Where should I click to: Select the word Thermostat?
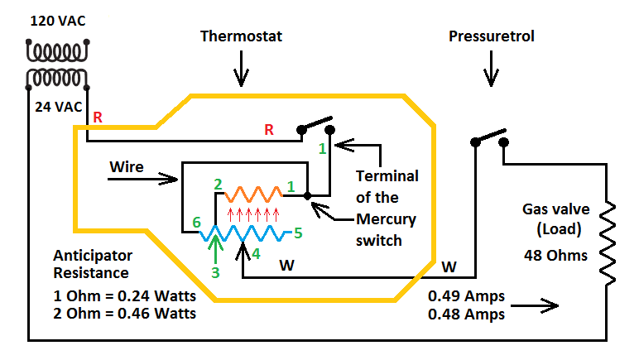pyautogui.click(x=240, y=37)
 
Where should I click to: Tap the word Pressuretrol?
pyautogui.click(x=491, y=37)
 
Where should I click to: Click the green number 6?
pyautogui.click(x=196, y=223)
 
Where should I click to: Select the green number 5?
pyautogui.click(x=299, y=233)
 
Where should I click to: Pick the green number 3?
pyautogui.click(x=215, y=271)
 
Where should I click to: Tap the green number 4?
pyautogui.click(x=257, y=254)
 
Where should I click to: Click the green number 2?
pyautogui.click(x=218, y=183)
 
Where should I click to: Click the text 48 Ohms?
pyautogui.click(x=558, y=255)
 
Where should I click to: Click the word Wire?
pyautogui.click(x=126, y=167)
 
